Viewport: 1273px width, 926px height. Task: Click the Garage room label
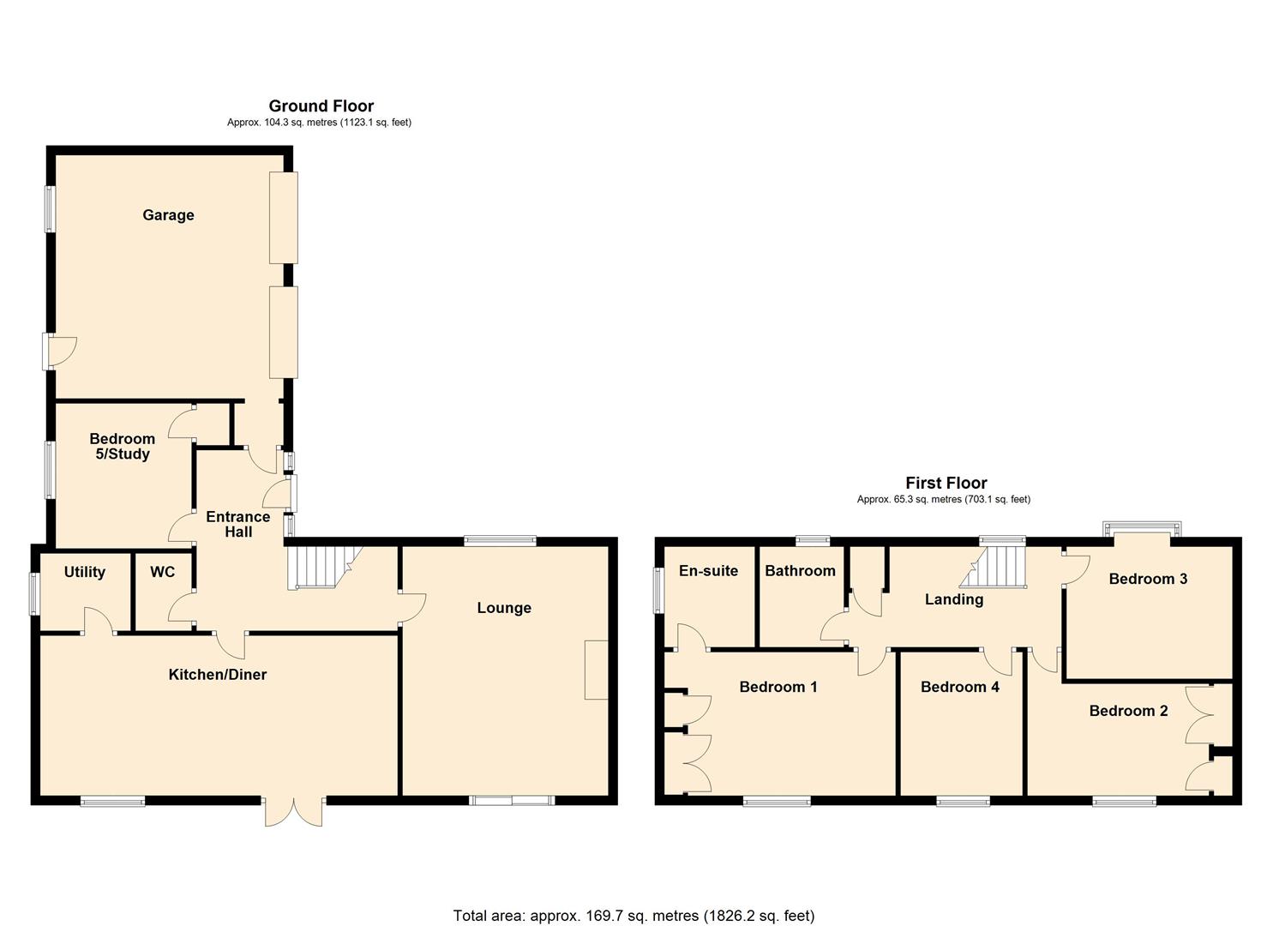point(168,215)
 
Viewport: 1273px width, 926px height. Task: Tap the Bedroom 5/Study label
point(122,447)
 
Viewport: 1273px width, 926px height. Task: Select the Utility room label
point(84,572)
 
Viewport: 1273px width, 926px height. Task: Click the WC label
point(162,572)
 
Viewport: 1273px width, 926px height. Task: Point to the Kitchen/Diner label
point(217,675)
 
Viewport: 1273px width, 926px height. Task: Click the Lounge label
point(504,608)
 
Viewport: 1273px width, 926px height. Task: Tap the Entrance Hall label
point(237,524)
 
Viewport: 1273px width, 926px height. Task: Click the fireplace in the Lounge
point(596,669)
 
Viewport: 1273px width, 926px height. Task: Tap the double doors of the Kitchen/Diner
point(293,811)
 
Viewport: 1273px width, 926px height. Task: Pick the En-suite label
point(708,571)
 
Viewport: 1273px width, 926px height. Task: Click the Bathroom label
point(800,571)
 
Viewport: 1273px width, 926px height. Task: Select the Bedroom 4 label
point(959,687)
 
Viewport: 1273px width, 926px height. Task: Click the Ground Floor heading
point(321,106)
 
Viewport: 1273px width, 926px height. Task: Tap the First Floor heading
point(946,483)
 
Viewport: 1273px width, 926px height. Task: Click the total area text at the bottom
point(633,916)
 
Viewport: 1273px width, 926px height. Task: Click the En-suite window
point(658,592)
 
